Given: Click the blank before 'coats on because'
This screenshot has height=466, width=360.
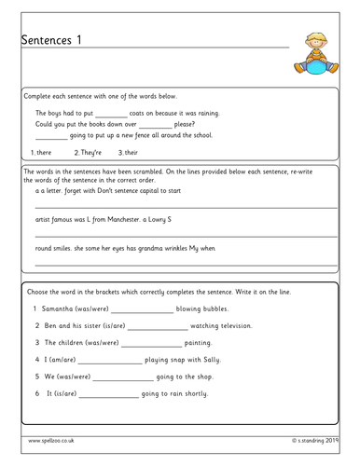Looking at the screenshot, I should [x=117, y=113].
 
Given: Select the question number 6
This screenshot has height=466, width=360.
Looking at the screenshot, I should [x=36, y=392].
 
